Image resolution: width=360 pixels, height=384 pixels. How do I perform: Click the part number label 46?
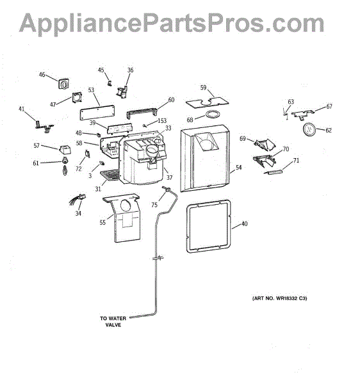pyautogui.click(x=42, y=74)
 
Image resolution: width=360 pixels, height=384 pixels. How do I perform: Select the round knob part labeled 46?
pyautogui.click(x=63, y=84)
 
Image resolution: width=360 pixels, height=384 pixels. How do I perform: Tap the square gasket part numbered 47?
pyautogui.click(x=77, y=97)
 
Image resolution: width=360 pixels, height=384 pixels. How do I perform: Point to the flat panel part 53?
pyautogui.click(x=97, y=113)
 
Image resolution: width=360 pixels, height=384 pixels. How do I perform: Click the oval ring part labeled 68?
pyautogui.click(x=213, y=114)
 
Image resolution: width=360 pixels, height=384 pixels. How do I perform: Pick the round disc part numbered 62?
pyautogui.click(x=309, y=129)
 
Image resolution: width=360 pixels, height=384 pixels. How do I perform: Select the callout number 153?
pyautogui.click(x=161, y=121)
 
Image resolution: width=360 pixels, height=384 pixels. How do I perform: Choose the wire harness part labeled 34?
pyautogui.click(x=78, y=199)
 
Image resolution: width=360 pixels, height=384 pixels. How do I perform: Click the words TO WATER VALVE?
pyautogui.click(x=113, y=321)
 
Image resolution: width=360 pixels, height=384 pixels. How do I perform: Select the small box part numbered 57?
pyautogui.click(x=65, y=149)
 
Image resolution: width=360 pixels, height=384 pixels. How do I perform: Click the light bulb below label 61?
pyautogui.click(x=65, y=170)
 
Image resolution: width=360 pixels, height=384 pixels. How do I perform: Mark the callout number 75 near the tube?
pyautogui.click(x=154, y=205)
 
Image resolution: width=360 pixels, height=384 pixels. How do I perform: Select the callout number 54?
pyautogui.click(x=239, y=168)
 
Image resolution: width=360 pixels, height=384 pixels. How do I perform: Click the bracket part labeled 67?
pyautogui.click(x=303, y=115)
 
